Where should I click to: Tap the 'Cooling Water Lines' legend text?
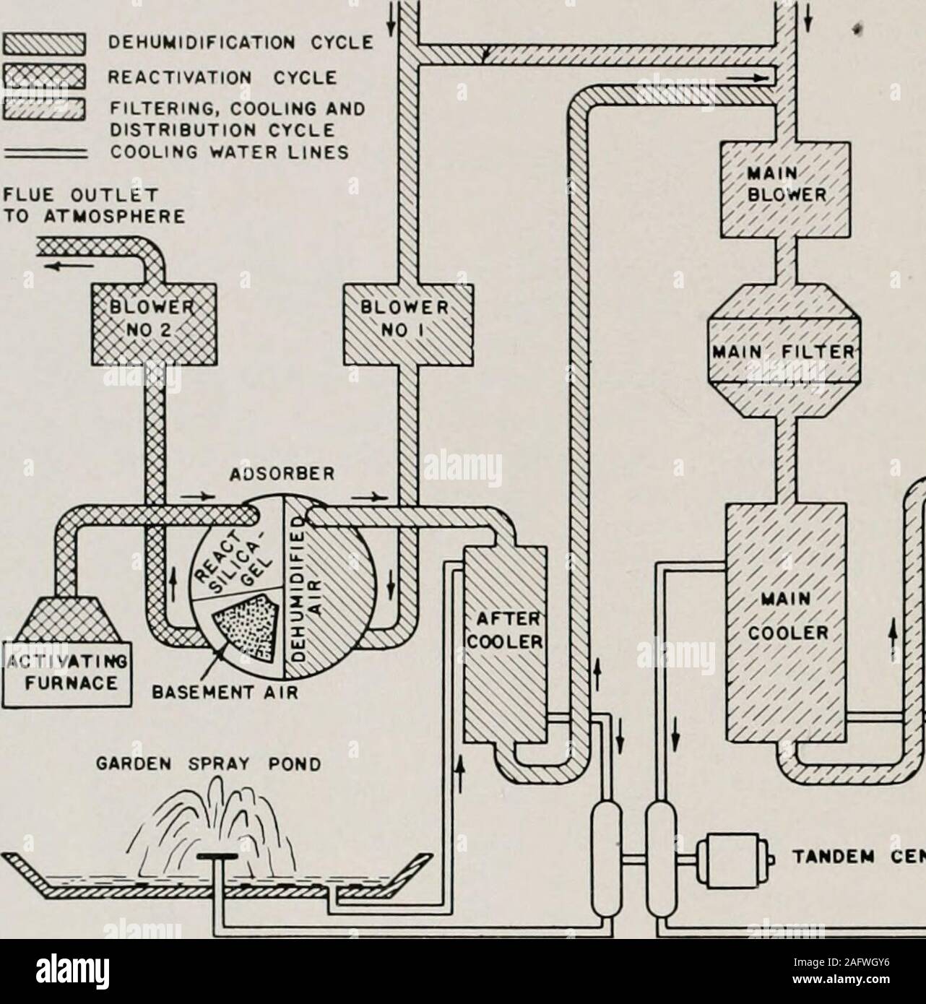238,153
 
